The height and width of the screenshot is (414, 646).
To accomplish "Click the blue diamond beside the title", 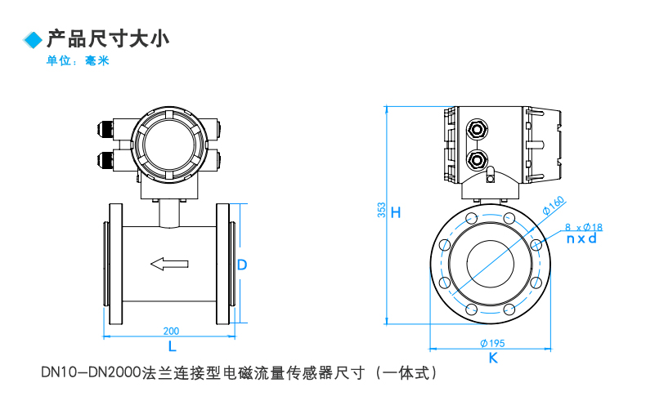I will click(33, 40).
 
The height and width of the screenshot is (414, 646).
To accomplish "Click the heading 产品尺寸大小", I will click(107, 38).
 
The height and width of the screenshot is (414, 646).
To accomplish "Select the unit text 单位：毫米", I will click(78, 61).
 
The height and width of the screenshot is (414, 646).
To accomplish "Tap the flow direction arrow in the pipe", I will click(169, 263).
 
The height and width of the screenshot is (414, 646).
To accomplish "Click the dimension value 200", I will click(171, 331).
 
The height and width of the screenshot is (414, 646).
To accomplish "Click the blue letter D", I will click(242, 265).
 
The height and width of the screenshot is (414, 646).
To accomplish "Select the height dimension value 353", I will click(382, 211).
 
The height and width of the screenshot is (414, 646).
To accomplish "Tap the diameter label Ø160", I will click(553, 203).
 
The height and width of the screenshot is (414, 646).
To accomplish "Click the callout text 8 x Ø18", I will click(584, 227).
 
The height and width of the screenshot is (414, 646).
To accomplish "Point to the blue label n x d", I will click(581, 239).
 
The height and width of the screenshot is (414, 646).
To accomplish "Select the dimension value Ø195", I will click(492, 342).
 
